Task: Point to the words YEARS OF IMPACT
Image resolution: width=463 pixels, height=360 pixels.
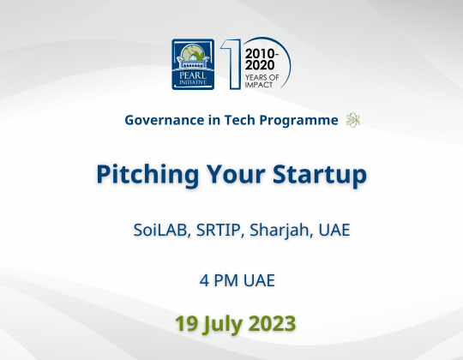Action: (x=262, y=78)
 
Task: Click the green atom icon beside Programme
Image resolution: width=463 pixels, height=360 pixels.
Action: (x=352, y=121)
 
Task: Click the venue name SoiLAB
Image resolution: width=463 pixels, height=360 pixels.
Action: (x=160, y=230)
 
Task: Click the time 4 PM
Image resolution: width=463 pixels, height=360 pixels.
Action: (x=215, y=280)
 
